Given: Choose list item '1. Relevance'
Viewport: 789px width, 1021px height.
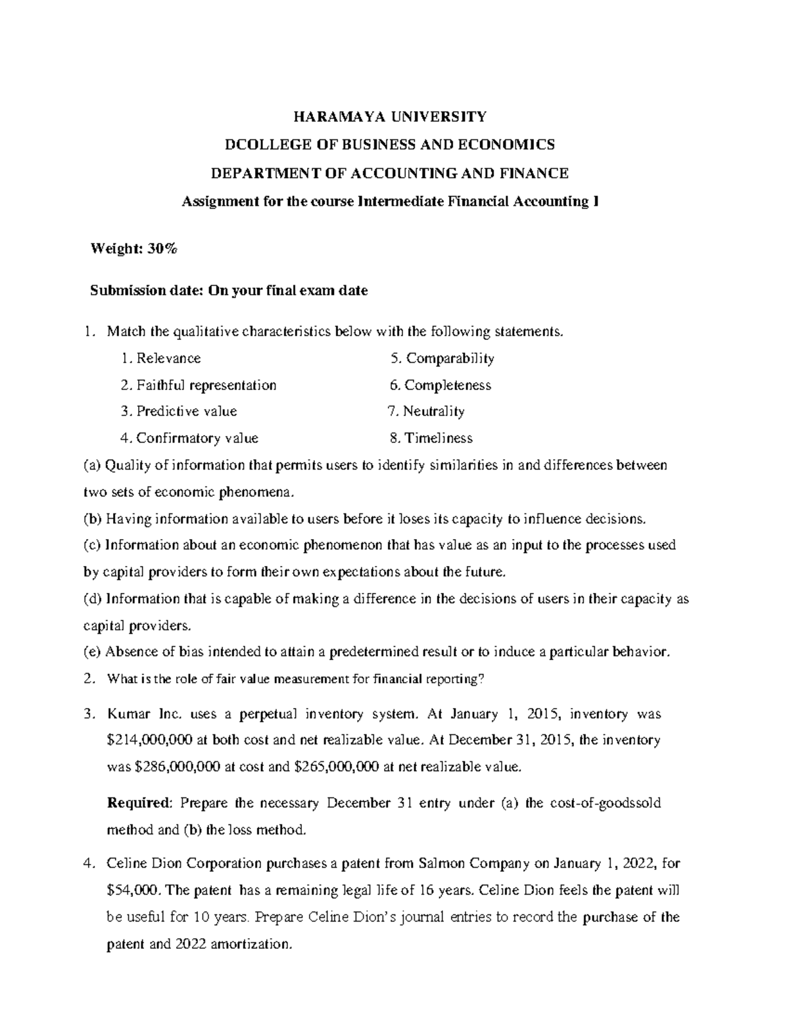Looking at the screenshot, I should pyautogui.click(x=161, y=358).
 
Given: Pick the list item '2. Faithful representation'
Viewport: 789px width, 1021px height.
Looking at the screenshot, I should pyautogui.click(x=199, y=385).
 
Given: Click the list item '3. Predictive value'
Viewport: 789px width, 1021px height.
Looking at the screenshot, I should pyautogui.click(x=179, y=412).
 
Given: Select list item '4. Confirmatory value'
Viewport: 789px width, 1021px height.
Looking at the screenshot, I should pyautogui.click(x=189, y=438).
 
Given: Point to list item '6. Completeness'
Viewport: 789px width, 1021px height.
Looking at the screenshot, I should pyautogui.click(x=441, y=385).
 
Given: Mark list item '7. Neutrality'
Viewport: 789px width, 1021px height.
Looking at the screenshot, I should pyautogui.click(x=426, y=412).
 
